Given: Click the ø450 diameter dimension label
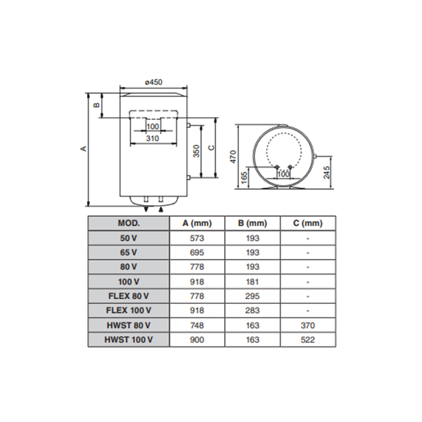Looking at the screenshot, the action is (154, 82).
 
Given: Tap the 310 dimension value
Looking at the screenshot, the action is (152, 139).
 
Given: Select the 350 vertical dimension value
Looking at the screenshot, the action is (197, 151).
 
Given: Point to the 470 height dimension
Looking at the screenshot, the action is (234, 156).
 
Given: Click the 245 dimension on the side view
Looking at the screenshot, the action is (326, 173).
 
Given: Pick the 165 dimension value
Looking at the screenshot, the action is (244, 178).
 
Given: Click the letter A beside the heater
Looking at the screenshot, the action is (84, 149).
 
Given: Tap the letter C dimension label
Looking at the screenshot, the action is (212, 148).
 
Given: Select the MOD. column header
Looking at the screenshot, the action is (129, 223).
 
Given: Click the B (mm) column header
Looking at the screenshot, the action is (252, 223).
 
